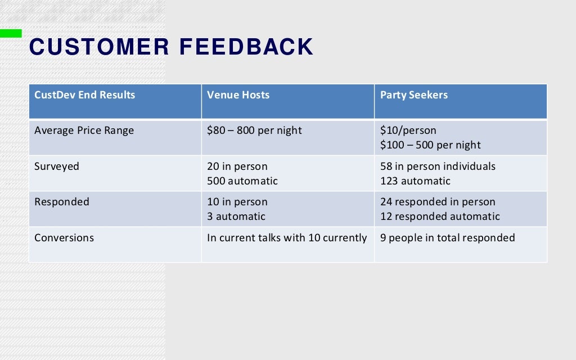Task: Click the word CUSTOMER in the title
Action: [99, 47]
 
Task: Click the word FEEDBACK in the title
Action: [246, 47]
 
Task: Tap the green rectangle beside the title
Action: [11, 34]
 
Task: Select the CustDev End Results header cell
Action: [85, 95]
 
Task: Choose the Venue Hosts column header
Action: [238, 95]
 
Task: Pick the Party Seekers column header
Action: [414, 95]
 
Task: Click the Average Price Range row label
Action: [84, 130]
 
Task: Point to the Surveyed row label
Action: [57, 166]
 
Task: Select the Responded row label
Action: [62, 202]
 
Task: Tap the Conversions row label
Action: [64, 238]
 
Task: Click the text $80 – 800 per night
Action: [254, 130]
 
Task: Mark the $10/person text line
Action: [408, 130]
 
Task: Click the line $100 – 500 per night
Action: [430, 145]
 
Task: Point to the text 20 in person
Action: [237, 166]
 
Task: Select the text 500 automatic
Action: [242, 181]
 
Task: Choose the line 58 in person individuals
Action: [438, 166]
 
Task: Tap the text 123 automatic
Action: [415, 181]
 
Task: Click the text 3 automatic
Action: [236, 217]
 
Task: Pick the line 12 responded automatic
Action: [440, 217]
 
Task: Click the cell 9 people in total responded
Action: [447, 238]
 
